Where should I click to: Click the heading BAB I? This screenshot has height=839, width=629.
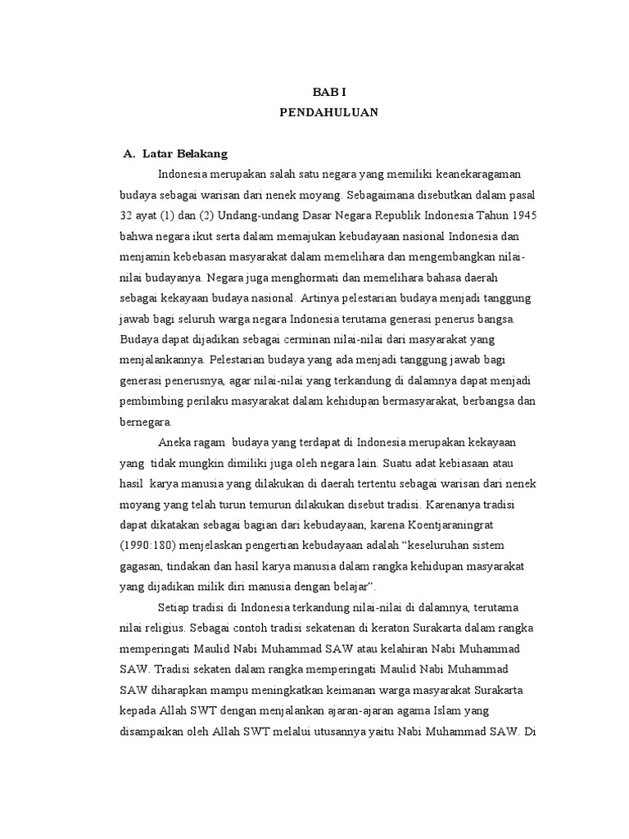[329, 93]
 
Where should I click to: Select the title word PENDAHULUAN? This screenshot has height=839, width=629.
[329, 114]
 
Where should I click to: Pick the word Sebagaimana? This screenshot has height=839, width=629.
[391, 195]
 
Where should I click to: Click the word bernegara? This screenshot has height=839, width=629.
[145, 422]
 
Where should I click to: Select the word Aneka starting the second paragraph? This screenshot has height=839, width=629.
[174, 442]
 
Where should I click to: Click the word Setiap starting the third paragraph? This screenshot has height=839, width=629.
[174, 607]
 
